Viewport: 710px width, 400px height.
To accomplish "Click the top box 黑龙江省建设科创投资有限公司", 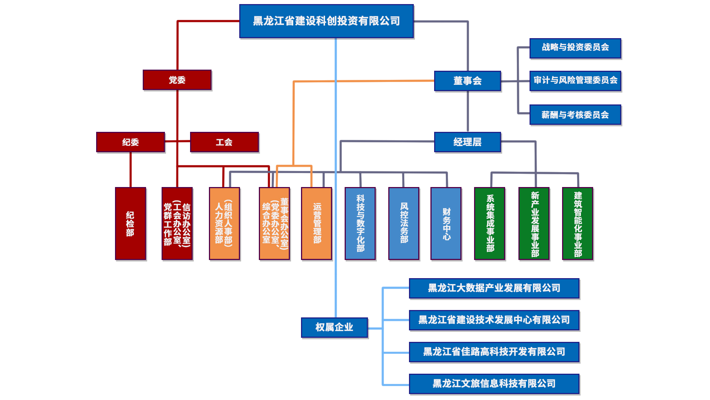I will tap(326, 21).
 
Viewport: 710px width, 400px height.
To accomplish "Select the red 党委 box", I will tap(177, 80).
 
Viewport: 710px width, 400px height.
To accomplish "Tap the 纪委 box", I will tap(131, 142).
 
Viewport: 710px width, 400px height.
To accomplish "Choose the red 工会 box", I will tap(224, 142).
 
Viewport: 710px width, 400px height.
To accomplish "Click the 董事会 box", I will tap(467, 81).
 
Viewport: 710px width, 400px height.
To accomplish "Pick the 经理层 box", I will tap(467, 142).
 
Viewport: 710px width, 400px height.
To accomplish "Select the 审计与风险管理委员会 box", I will tap(575, 81).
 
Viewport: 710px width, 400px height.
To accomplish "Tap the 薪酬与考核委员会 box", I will tap(575, 115).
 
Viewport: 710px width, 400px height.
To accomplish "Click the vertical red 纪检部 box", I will tap(130, 224).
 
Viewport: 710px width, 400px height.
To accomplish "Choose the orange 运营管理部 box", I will tap(317, 224).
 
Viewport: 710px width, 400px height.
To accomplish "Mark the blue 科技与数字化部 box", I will tap(360, 224).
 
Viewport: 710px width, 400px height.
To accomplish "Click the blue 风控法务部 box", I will tap(404, 224).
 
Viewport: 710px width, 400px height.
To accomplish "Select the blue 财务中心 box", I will tap(446, 224).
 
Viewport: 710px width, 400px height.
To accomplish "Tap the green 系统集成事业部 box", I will tap(490, 224).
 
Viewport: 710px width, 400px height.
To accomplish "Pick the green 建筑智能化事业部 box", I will tap(578, 224).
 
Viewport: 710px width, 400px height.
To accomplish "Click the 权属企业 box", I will tap(334, 327).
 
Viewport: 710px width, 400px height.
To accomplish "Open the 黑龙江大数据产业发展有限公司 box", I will tap(494, 288).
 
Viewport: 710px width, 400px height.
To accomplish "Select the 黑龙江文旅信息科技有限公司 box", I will tap(494, 384).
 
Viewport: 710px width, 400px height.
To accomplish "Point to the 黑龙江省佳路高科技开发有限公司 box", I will tap(494, 352).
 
